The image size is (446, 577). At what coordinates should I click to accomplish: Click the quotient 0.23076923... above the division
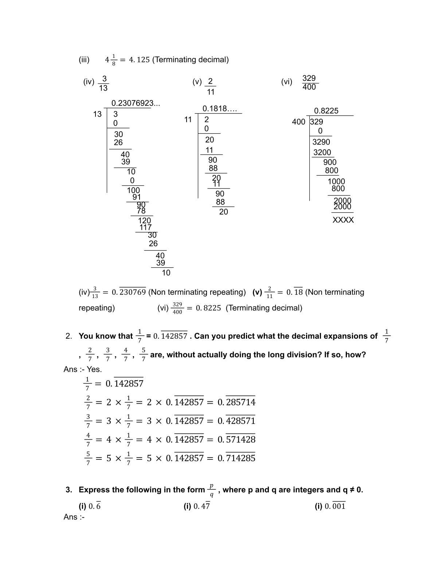coord(136,103)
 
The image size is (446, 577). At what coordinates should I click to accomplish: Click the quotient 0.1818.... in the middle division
coord(219,109)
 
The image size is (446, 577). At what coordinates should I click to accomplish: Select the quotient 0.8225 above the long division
coord(326,111)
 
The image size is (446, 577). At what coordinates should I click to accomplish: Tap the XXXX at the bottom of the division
coord(343,220)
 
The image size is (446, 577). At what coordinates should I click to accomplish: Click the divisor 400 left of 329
coord(298,122)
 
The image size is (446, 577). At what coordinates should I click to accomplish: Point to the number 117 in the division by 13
coord(145,227)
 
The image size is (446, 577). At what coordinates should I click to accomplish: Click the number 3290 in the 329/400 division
coord(321,142)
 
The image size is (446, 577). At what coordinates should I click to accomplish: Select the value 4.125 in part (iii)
coord(139,60)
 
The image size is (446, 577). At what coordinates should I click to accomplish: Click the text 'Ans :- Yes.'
coord(83,369)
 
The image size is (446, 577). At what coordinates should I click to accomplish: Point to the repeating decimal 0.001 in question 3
coord(335,506)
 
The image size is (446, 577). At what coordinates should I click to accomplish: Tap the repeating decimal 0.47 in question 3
coord(202,506)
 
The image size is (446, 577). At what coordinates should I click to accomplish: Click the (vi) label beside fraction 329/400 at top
coord(286,82)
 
